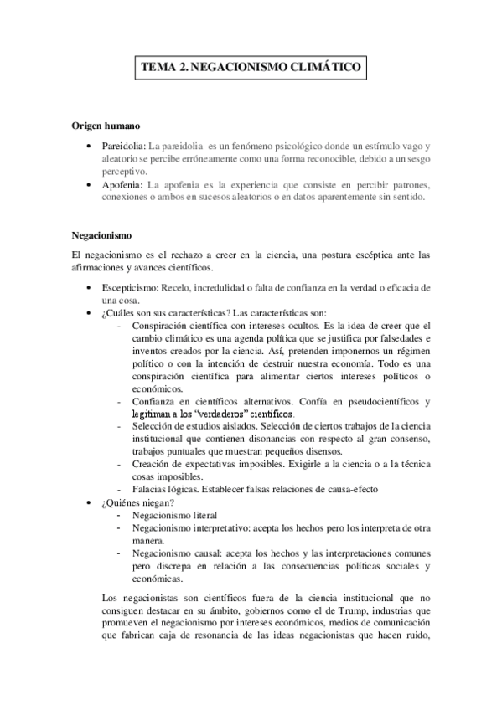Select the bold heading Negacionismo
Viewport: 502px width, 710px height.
pos(102,235)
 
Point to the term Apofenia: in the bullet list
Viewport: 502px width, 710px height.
pos(123,184)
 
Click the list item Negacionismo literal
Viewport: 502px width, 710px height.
pos(175,515)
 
